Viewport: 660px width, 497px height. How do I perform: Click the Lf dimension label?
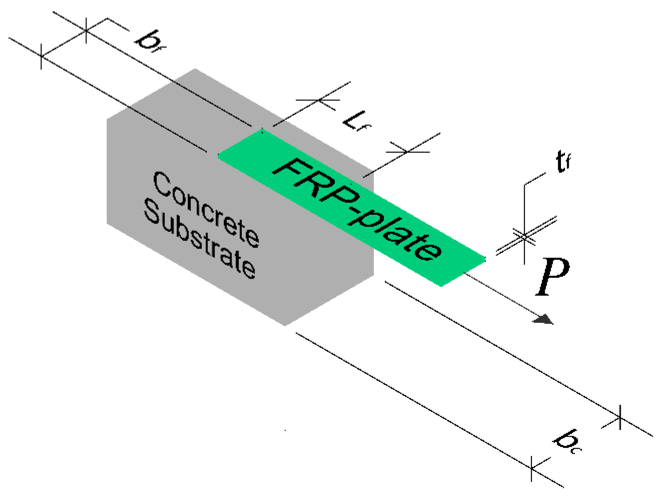click(x=356, y=121)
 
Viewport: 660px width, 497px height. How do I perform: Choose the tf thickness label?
click(x=563, y=161)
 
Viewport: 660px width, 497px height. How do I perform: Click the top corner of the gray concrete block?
click(x=195, y=69)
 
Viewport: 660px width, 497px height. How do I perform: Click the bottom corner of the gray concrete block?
click(x=285, y=325)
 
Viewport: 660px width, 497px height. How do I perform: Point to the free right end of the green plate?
click(x=464, y=272)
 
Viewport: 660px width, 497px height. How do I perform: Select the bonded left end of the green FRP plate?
click(x=240, y=143)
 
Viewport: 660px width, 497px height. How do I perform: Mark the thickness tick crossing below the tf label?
click(x=524, y=237)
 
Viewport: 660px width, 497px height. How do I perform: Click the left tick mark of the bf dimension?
click(x=41, y=56)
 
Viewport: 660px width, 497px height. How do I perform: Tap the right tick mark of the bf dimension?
click(x=86, y=30)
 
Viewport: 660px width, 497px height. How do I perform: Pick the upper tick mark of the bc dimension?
click(x=620, y=417)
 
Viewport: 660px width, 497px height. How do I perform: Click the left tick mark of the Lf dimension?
click(x=319, y=99)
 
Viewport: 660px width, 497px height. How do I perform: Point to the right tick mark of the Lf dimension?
click(x=408, y=152)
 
